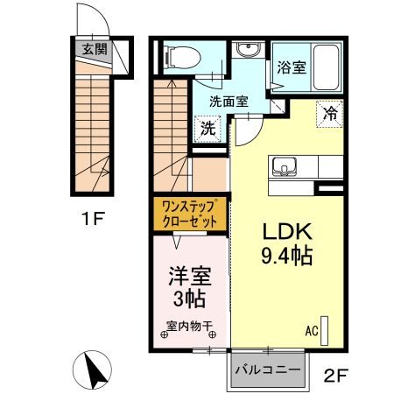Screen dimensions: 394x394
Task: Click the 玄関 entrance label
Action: click(95, 49)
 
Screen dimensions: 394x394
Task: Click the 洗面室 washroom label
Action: click(227, 102)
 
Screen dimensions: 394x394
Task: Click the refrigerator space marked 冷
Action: click(331, 113)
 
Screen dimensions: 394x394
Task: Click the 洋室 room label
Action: click(188, 277)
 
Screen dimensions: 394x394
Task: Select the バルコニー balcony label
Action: click(270, 370)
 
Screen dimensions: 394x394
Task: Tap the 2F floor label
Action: click(336, 377)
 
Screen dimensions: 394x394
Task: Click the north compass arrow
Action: click(97, 369)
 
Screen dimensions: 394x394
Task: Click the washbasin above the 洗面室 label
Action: click(247, 49)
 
